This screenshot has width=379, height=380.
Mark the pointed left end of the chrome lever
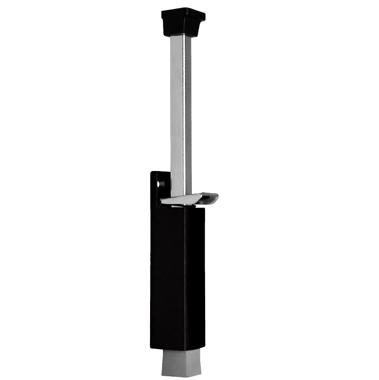[163, 202]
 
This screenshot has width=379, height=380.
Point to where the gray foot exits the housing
[181, 350]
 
